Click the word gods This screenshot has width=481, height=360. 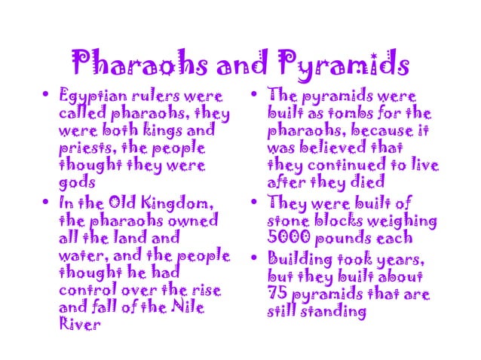[x=75, y=182]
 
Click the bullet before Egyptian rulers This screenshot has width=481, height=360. [x=47, y=97]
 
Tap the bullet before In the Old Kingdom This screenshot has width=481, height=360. [x=47, y=203]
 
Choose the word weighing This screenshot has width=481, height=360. [x=406, y=221]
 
